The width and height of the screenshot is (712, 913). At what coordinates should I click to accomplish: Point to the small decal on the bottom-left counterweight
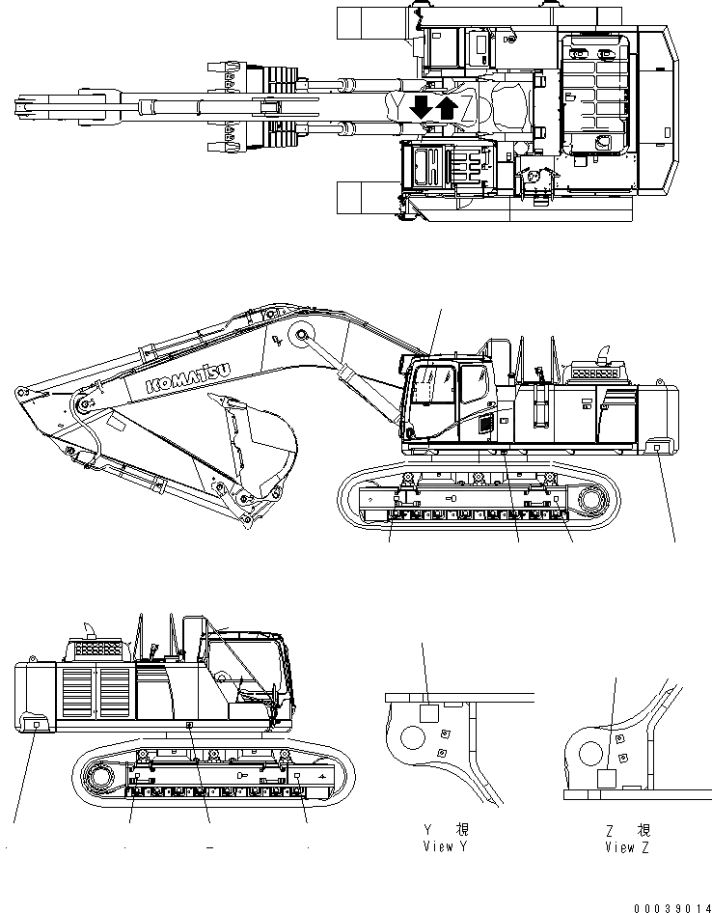click(x=37, y=723)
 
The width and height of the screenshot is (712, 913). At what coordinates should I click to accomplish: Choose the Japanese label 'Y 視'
click(x=447, y=830)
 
